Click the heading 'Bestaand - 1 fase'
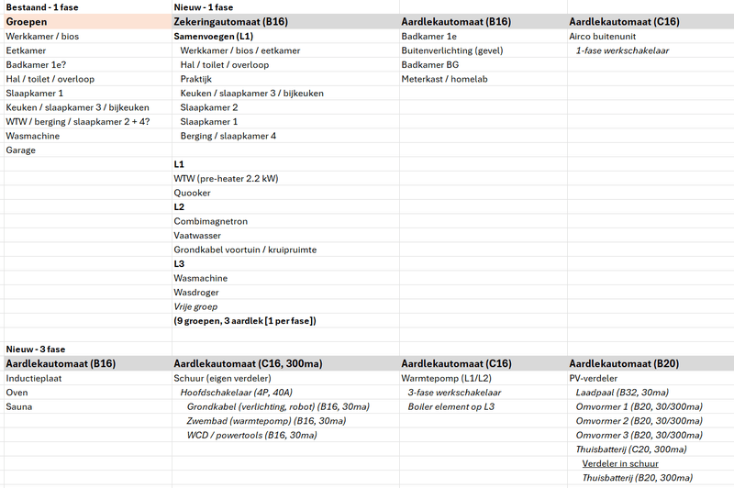click(42, 7)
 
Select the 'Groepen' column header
click(27, 21)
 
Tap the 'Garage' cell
click(21, 150)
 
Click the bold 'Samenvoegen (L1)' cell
click(214, 36)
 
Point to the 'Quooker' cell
click(192, 193)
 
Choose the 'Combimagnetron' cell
click(210, 221)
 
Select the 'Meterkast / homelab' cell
click(444, 79)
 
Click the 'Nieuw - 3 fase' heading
click(36, 349)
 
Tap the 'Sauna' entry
click(20, 405)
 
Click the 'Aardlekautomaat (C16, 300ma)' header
click(247, 363)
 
